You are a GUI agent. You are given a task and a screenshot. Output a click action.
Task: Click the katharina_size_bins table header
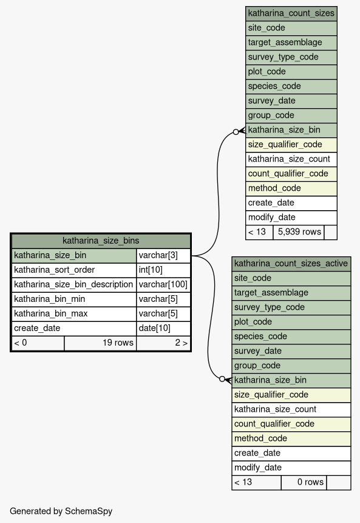pos(101,241)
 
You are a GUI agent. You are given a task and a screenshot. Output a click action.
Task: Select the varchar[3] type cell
pos(163,256)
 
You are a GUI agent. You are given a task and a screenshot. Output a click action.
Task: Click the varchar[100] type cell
pos(163,284)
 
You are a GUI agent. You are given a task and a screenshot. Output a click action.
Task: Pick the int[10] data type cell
pos(163,270)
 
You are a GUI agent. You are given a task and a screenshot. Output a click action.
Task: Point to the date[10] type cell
pos(163,328)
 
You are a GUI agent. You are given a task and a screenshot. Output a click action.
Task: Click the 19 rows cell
pos(100,343)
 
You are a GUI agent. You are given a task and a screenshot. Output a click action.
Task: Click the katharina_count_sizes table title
pos(291,13)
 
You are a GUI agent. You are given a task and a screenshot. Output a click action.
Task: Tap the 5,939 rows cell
pos(299,232)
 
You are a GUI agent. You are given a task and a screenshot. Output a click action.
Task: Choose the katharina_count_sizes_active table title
pos(291,264)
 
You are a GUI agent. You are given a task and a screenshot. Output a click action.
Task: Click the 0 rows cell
pos(304,482)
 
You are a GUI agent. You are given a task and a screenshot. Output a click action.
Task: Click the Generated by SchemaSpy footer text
pos(61,511)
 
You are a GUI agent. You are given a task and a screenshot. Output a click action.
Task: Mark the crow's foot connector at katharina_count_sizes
pos(242,131)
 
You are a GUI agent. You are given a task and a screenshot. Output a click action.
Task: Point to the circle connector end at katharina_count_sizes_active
pos(222,379)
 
